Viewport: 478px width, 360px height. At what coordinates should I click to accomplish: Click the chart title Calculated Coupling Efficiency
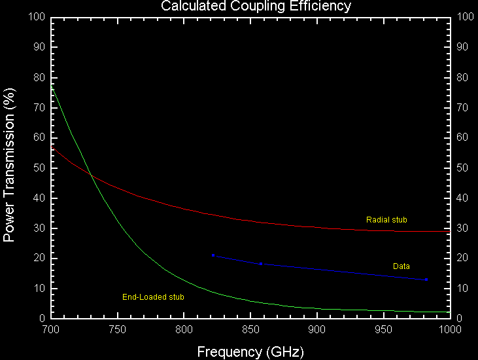pos(256,7)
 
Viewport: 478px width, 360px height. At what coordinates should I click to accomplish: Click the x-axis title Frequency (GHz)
pos(250,351)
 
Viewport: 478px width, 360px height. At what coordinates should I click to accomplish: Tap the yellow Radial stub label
pos(386,220)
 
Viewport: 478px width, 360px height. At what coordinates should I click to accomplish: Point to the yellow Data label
pos(401,266)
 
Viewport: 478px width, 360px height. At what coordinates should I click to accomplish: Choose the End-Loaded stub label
pos(153,297)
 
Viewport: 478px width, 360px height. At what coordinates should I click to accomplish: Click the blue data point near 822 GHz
pos(213,255)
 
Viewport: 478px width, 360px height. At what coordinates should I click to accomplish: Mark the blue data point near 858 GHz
pos(261,264)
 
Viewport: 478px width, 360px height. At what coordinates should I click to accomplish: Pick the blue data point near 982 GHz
pos(426,279)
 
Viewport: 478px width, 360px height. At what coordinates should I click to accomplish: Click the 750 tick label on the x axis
pos(118,329)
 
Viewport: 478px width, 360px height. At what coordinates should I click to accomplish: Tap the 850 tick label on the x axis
pos(251,329)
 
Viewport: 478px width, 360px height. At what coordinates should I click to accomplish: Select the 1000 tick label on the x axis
pos(449,329)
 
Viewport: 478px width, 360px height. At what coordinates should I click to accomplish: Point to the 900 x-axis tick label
pos(318,329)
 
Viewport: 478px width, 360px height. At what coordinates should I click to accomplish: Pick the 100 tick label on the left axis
pos(37,17)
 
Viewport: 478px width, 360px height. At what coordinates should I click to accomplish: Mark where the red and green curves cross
pos(90,175)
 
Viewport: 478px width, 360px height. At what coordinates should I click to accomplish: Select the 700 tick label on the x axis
pos(51,329)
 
